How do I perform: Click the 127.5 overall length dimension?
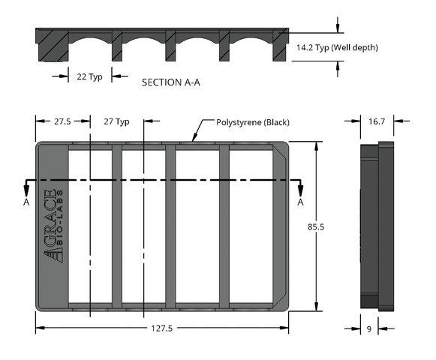162,328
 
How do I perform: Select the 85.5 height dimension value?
316,226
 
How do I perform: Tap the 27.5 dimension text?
62,121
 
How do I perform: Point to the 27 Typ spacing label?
116,121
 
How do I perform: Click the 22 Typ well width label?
89,76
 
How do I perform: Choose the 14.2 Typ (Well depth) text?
337,47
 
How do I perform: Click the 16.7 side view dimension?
377,121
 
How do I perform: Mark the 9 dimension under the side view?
369,329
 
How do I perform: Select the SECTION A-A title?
171,82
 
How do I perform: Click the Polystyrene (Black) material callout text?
253,122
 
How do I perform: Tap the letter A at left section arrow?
26,202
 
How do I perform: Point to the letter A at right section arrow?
300,202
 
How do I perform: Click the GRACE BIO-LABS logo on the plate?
53,226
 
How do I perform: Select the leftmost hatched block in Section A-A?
53,45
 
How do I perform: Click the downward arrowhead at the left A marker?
26,191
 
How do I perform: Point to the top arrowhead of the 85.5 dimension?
316,146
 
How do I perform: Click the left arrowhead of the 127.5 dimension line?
41,328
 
